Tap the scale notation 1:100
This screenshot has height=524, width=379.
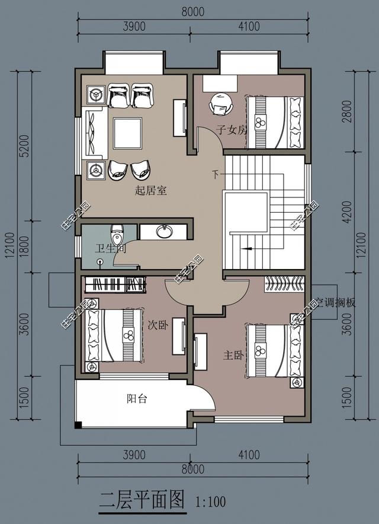(x=210, y=502)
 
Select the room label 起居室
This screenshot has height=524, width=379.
(x=151, y=191)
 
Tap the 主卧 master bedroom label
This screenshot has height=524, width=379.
(x=232, y=356)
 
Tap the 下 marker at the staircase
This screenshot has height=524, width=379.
(x=216, y=174)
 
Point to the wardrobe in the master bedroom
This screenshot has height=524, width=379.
(x=284, y=285)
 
